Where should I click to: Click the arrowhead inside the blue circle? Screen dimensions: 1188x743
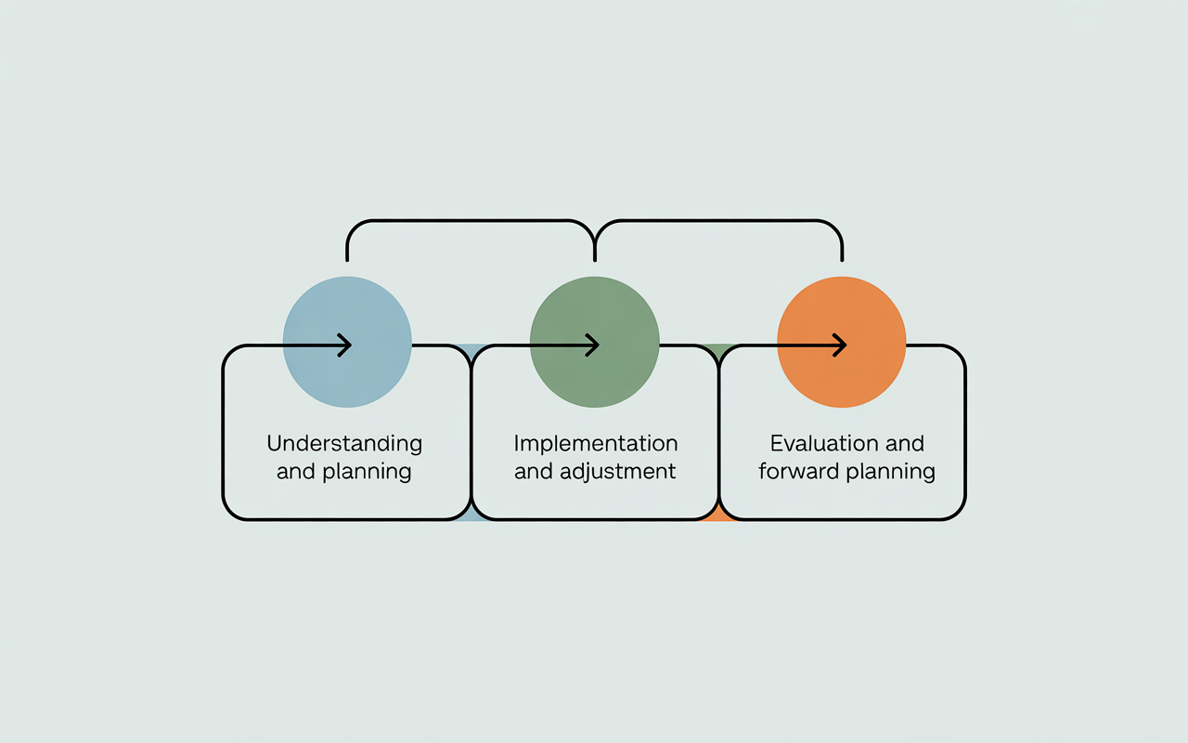tap(345, 345)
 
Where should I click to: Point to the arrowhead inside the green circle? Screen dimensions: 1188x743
tap(592, 345)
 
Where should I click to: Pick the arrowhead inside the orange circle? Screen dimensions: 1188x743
tap(839, 345)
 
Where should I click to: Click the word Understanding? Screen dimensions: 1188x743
tap(344, 443)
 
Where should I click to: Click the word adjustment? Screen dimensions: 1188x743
tap(617, 471)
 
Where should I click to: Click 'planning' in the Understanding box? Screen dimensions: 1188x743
tap(367, 471)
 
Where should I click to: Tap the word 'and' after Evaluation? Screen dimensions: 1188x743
tap(899, 443)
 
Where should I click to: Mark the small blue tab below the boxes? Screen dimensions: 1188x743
tap(471, 515)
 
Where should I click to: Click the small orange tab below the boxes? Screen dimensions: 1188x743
tap(718, 515)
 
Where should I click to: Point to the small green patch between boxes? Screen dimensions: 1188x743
tap(717, 350)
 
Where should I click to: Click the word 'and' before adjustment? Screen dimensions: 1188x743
tap(534, 471)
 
